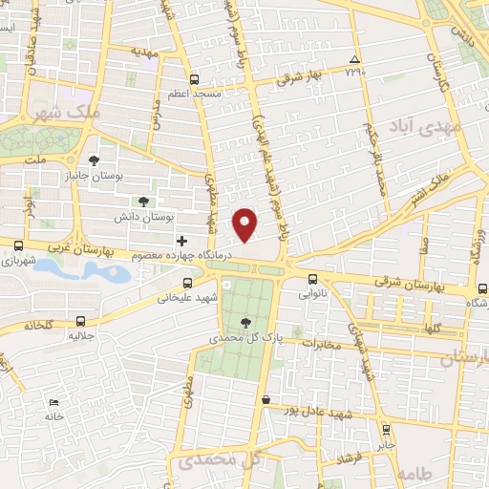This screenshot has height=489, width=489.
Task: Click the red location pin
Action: (246, 223)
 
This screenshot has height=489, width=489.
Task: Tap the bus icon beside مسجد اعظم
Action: (195, 79)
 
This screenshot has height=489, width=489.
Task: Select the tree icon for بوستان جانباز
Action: (93, 160)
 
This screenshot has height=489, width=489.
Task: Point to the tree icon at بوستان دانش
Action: (143, 201)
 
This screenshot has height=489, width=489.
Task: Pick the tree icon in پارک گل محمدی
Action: (246, 323)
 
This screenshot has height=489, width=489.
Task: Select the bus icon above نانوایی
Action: (313, 279)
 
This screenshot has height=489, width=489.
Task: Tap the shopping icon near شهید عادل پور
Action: (266, 399)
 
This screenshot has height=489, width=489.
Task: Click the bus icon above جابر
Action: (386, 430)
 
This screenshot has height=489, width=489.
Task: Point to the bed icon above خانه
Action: (53, 402)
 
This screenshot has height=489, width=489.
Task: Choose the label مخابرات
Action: (322, 344)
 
